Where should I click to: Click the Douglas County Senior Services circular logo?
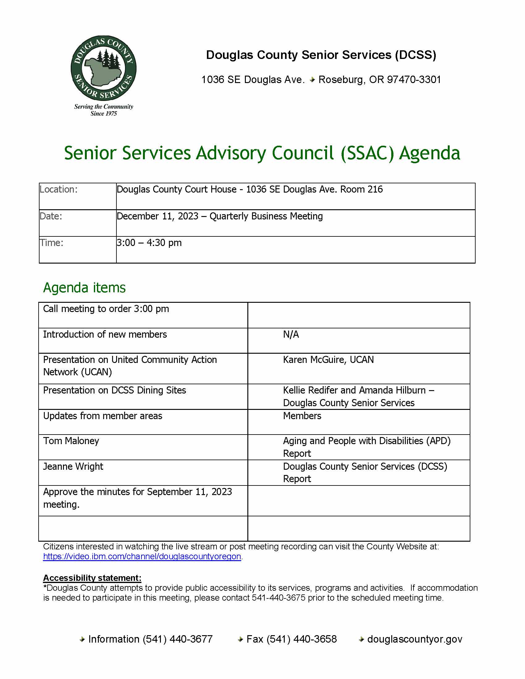(x=103, y=68)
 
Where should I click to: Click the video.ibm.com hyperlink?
(x=142, y=556)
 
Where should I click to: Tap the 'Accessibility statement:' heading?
(x=92, y=578)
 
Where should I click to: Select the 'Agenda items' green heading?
(x=84, y=288)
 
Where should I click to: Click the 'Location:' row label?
(x=58, y=189)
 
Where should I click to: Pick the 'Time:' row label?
(x=51, y=243)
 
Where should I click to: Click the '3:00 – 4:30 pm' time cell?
(x=149, y=243)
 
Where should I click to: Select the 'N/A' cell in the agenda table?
(x=291, y=335)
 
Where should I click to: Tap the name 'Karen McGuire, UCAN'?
(x=328, y=360)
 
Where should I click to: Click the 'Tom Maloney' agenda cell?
(x=71, y=441)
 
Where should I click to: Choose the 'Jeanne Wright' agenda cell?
(x=73, y=466)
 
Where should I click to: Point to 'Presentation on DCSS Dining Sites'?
(x=115, y=390)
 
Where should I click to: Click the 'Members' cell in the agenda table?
(x=302, y=416)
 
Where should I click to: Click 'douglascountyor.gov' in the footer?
(x=414, y=639)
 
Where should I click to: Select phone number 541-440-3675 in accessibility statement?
(x=278, y=598)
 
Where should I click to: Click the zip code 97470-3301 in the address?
(x=414, y=80)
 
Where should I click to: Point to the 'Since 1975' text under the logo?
(x=103, y=114)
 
